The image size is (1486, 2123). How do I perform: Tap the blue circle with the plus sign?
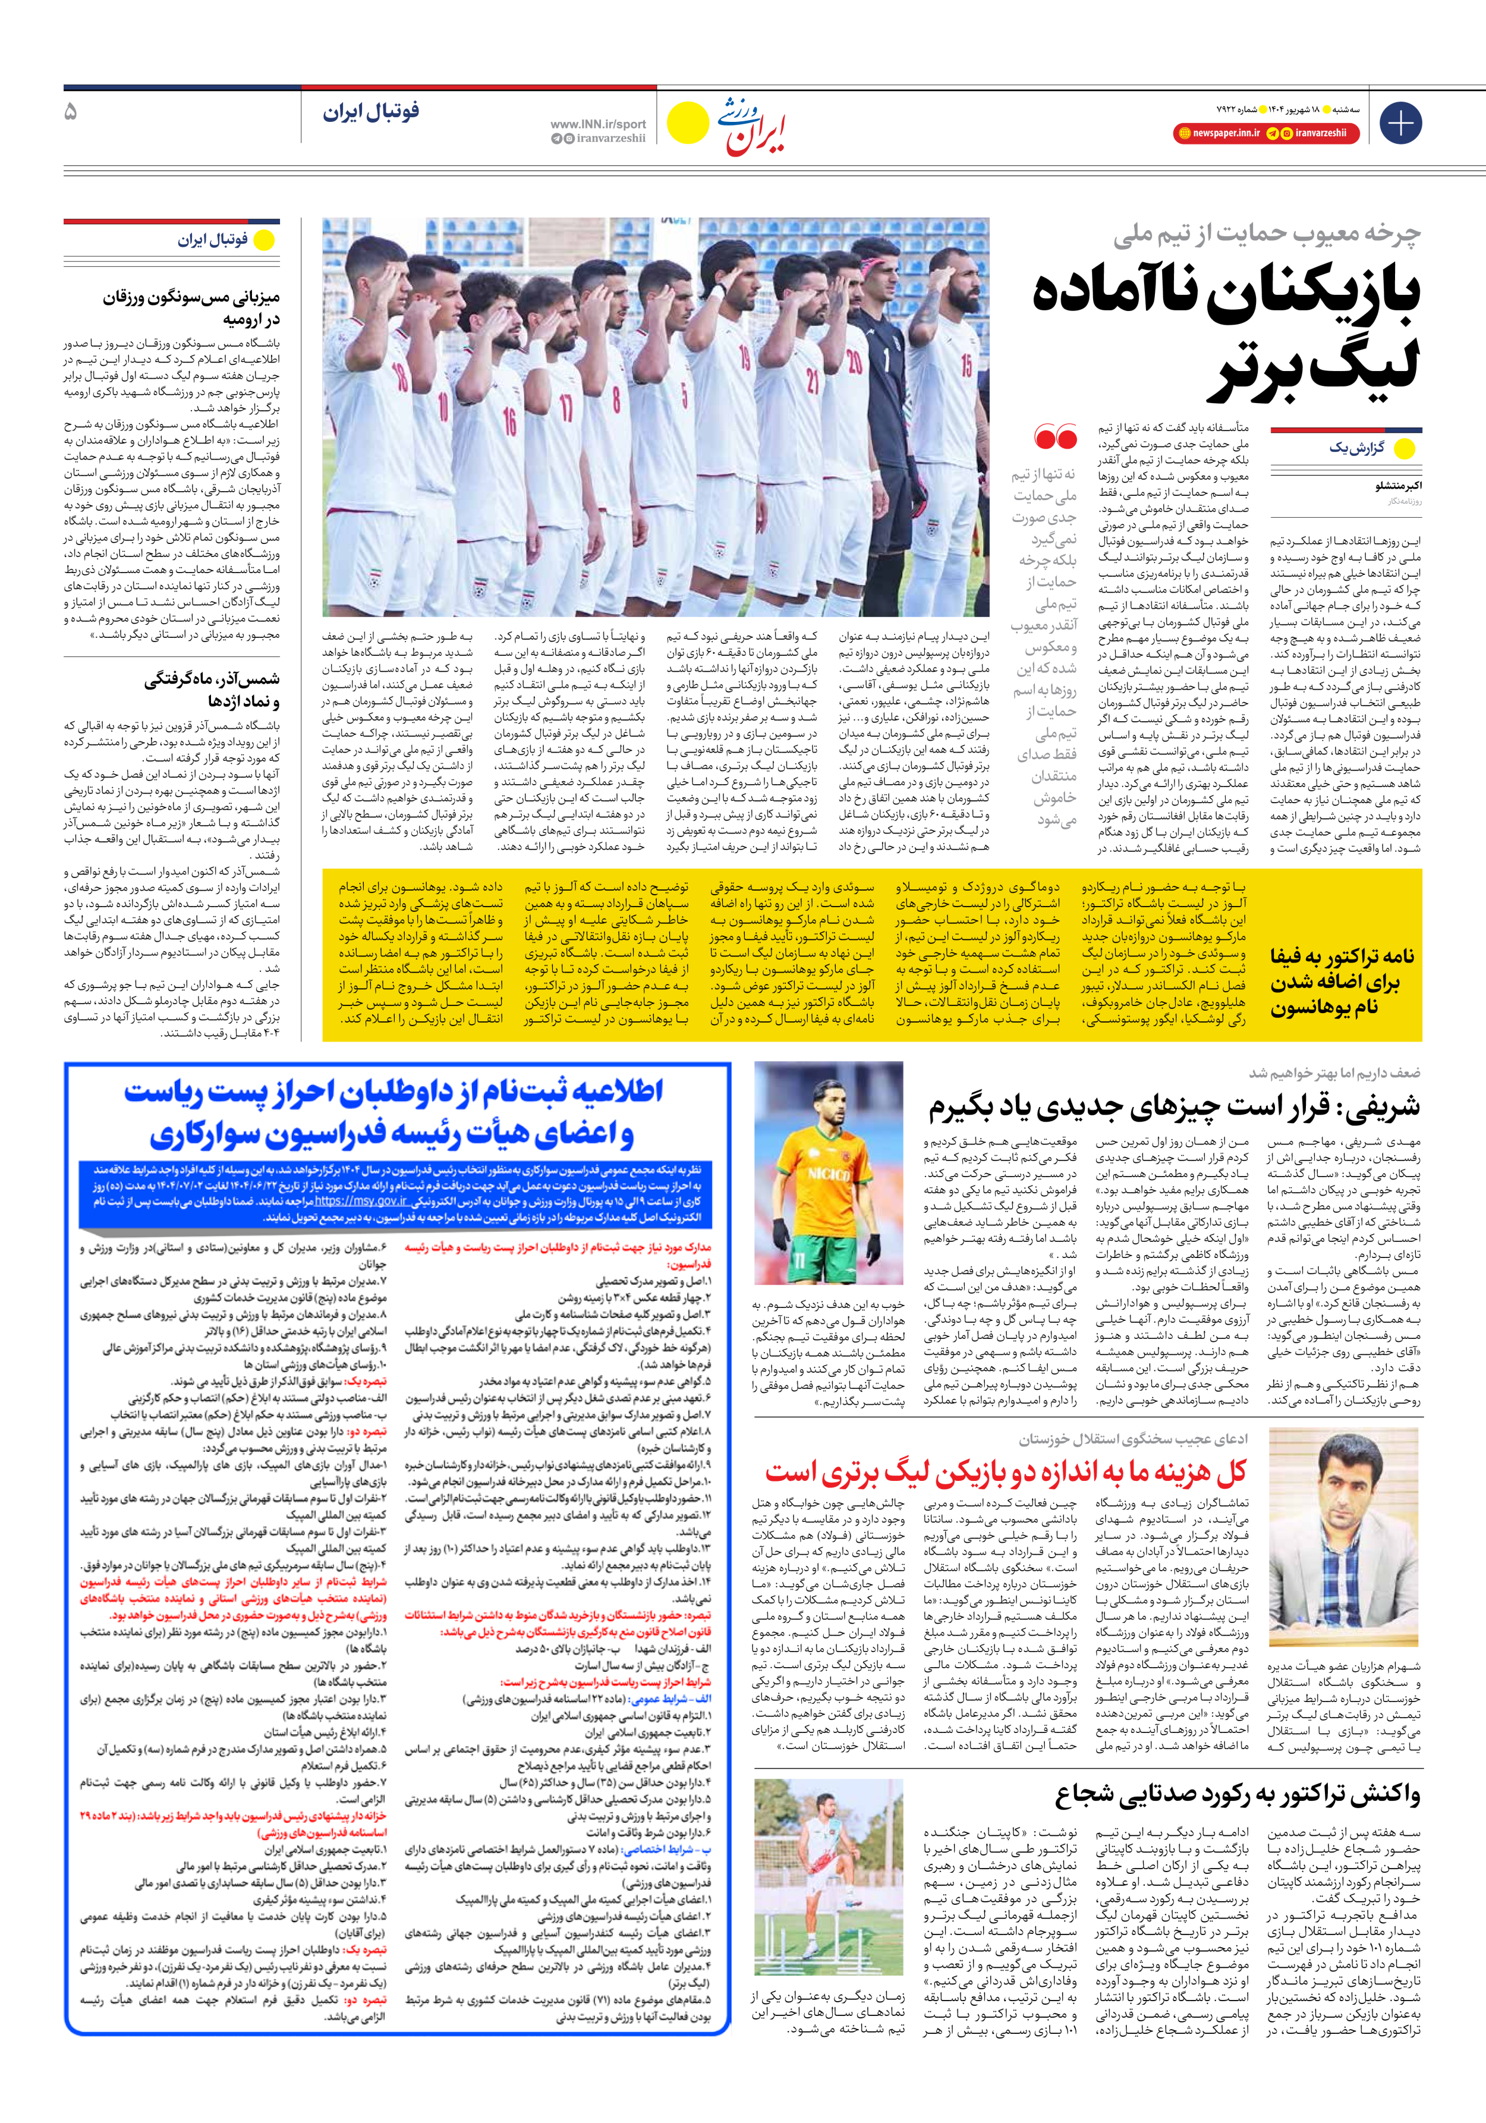point(1400,123)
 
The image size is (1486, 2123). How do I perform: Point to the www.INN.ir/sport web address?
point(599,124)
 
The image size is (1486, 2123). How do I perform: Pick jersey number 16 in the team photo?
point(509,422)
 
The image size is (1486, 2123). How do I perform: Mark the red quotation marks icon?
point(1055,436)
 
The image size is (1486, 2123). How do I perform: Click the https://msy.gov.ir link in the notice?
point(361,1201)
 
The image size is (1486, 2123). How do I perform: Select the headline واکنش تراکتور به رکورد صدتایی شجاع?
point(1238,1795)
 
